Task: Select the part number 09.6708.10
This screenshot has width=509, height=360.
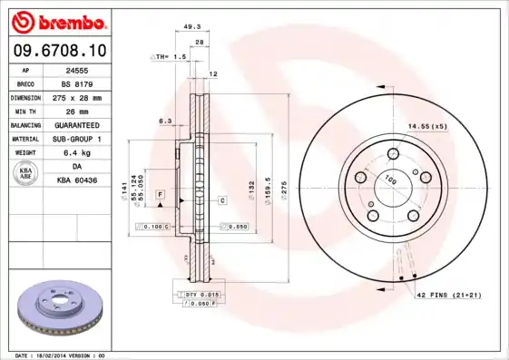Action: pyautogui.click(x=59, y=52)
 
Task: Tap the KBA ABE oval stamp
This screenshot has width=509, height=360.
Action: pyautogui.click(x=25, y=174)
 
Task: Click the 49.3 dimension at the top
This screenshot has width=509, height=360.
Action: pyautogui.click(x=192, y=27)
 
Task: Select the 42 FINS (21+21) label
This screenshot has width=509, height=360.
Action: pyautogui.click(x=448, y=296)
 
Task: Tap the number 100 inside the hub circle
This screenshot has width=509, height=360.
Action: pyautogui.click(x=392, y=180)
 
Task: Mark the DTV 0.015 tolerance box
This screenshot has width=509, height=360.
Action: pyautogui.click(x=201, y=295)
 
